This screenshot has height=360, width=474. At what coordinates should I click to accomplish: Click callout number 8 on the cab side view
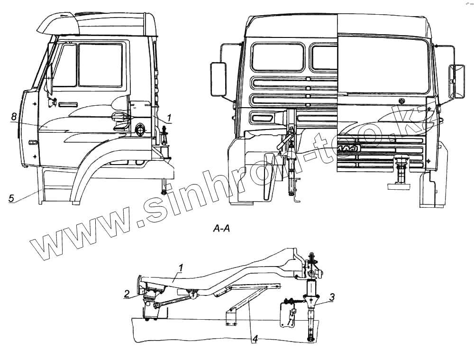tap(14, 116)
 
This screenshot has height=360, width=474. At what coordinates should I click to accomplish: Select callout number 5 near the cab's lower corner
tap(11, 198)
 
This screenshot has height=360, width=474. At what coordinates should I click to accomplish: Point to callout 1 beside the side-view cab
tap(170, 116)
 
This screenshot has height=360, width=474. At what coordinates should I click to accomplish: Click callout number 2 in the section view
tap(127, 294)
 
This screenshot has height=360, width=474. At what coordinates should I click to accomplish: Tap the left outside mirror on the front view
tap(218, 78)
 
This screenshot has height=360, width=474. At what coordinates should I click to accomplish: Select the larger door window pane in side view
tap(100, 65)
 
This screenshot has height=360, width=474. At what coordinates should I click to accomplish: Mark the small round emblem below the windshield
tap(402, 101)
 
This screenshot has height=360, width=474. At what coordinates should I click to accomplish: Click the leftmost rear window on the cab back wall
tap(277, 57)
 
